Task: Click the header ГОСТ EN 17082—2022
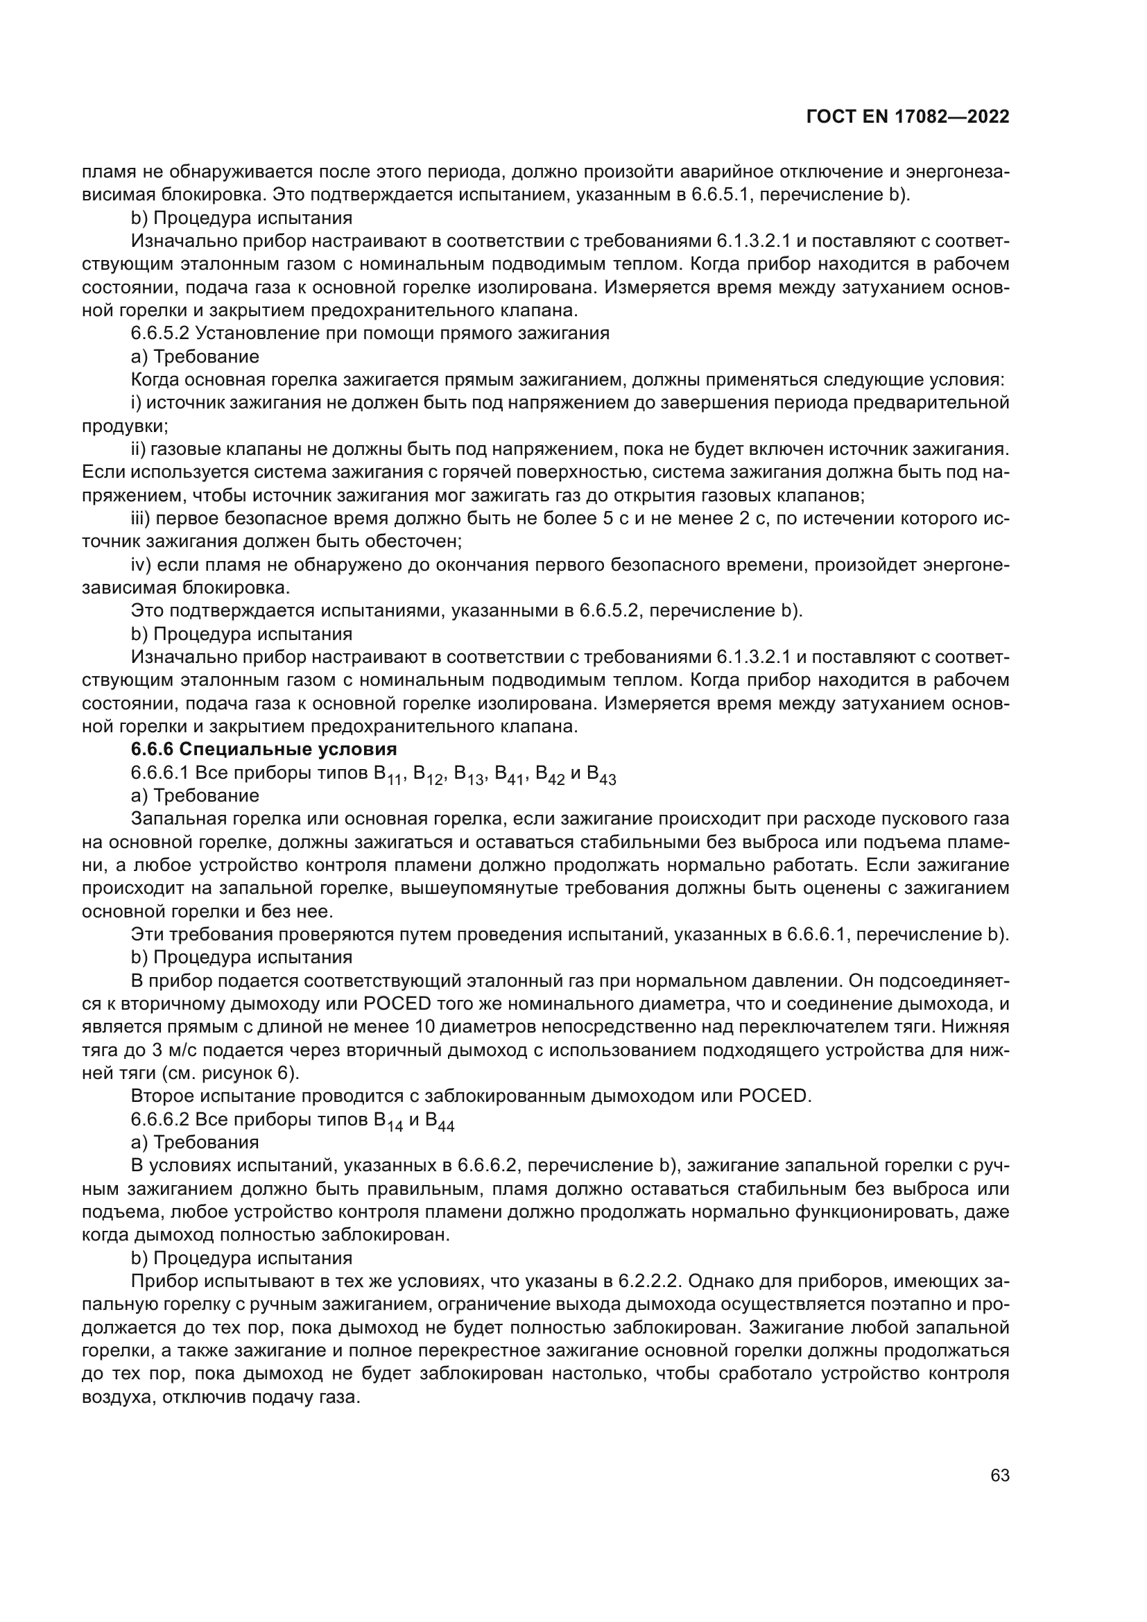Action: point(908,117)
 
